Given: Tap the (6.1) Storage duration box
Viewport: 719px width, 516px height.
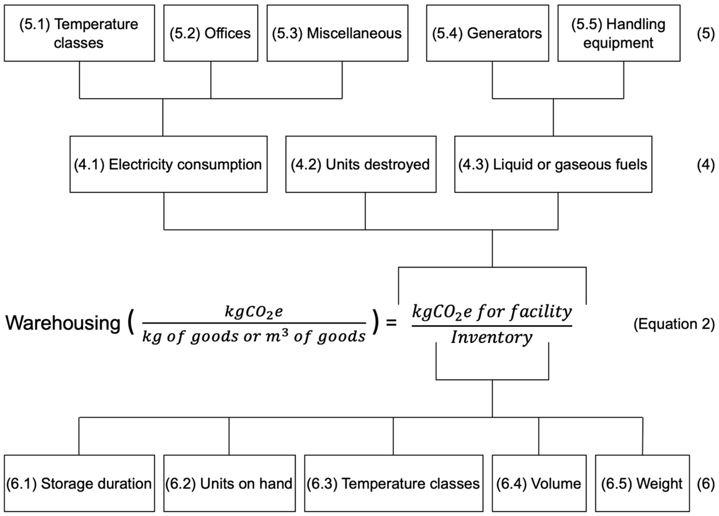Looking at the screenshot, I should tap(79, 483).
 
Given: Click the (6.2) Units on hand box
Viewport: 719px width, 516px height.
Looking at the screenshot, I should tap(229, 483).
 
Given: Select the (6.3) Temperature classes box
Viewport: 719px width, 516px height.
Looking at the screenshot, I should tap(393, 483).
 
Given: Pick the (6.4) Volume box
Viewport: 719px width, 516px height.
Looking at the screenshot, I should tap(539, 483).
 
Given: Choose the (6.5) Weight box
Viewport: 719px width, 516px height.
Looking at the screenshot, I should tap(642, 483).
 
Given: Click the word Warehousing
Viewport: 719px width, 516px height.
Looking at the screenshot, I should tap(63, 323).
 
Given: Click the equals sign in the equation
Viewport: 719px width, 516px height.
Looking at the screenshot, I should tap(391, 323).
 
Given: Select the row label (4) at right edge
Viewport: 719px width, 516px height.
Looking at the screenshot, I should tap(705, 165).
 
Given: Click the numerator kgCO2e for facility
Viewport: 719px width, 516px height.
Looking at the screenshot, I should tap(492, 312).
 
